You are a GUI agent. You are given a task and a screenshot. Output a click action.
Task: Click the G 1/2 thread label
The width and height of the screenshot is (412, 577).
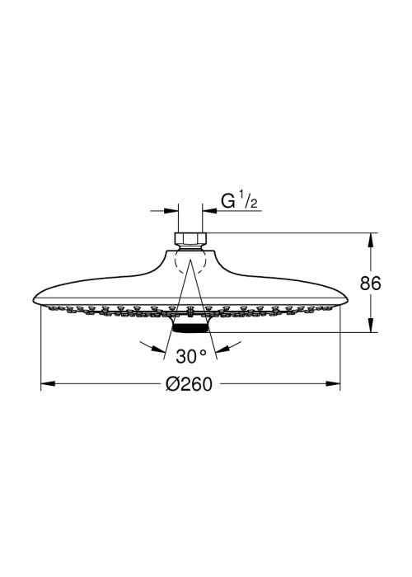pyautogui.click(x=239, y=201)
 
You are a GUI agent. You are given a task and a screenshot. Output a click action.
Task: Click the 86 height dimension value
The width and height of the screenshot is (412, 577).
pyautogui.click(x=371, y=283)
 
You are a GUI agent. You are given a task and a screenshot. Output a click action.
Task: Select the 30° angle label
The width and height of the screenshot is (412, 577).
pyautogui.click(x=191, y=356)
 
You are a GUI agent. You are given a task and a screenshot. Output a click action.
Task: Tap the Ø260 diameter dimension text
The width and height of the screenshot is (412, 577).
pyautogui.click(x=189, y=384)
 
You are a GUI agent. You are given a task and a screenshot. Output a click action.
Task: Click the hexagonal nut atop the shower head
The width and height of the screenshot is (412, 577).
pyautogui.click(x=190, y=240)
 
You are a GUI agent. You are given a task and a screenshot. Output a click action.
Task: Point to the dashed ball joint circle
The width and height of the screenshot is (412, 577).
pyautogui.click(x=190, y=260)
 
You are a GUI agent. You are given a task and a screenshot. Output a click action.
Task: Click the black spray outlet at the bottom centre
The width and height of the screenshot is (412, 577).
pyautogui.click(x=190, y=328)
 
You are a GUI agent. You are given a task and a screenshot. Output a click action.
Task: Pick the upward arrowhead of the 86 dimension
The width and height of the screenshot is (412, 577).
pyautogui.click(x=371, y=240)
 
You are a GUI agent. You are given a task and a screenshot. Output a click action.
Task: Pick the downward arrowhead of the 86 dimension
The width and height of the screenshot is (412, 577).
pyautogui.click(x=371, y=326)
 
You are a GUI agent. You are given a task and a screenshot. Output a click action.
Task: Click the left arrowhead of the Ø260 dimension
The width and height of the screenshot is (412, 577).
pyautogui.click(x=48, y=384)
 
